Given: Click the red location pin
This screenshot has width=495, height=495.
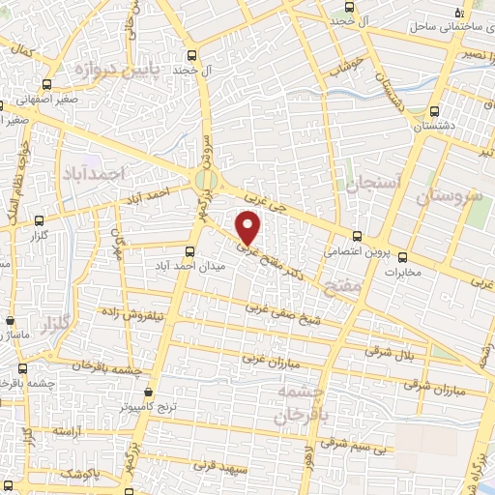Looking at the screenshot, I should click(248, 227).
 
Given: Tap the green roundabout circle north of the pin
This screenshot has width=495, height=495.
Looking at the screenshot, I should click(205, 180).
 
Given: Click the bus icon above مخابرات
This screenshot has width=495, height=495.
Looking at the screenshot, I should click(403, 258).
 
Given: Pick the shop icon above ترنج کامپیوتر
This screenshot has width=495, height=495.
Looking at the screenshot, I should click(147, 393).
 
